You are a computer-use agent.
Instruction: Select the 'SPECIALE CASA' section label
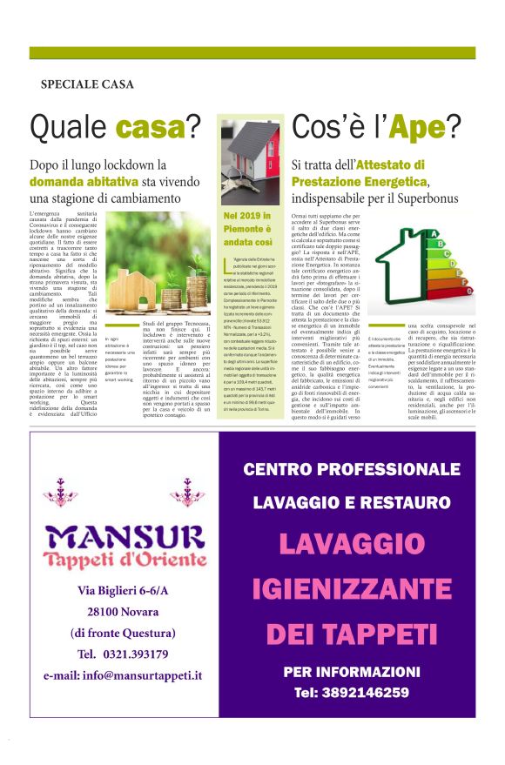pos(87,84)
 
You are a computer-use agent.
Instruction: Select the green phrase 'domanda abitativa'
pos(84,181)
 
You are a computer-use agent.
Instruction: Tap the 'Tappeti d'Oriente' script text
pos(125,558)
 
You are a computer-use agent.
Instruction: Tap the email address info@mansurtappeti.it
pos(122,674)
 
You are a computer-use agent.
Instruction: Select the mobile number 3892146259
pos(352,693)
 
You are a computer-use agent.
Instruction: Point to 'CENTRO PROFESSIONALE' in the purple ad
pos(351,470)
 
